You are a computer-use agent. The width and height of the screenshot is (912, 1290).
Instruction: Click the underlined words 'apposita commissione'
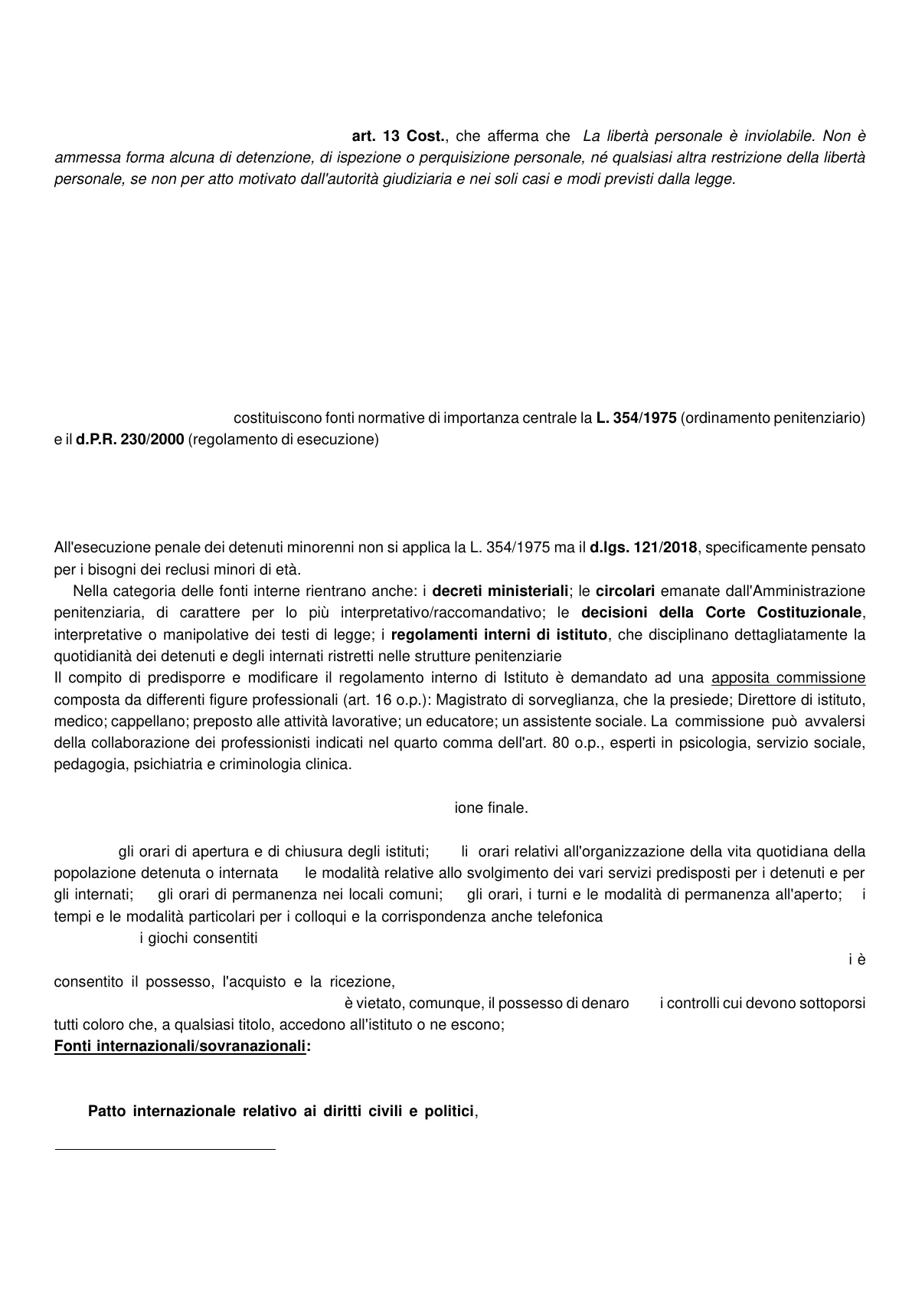[789, 678]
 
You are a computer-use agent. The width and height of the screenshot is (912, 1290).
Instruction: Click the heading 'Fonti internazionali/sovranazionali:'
[182, 1046]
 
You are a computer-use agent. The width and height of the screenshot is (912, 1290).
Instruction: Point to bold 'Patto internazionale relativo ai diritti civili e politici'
[282, 1111]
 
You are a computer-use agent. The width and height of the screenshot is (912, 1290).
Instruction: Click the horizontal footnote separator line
[165, 1149]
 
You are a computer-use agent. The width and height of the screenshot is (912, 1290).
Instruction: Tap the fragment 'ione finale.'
[491, 807]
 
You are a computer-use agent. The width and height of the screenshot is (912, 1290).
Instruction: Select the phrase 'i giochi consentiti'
[198, 938]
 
